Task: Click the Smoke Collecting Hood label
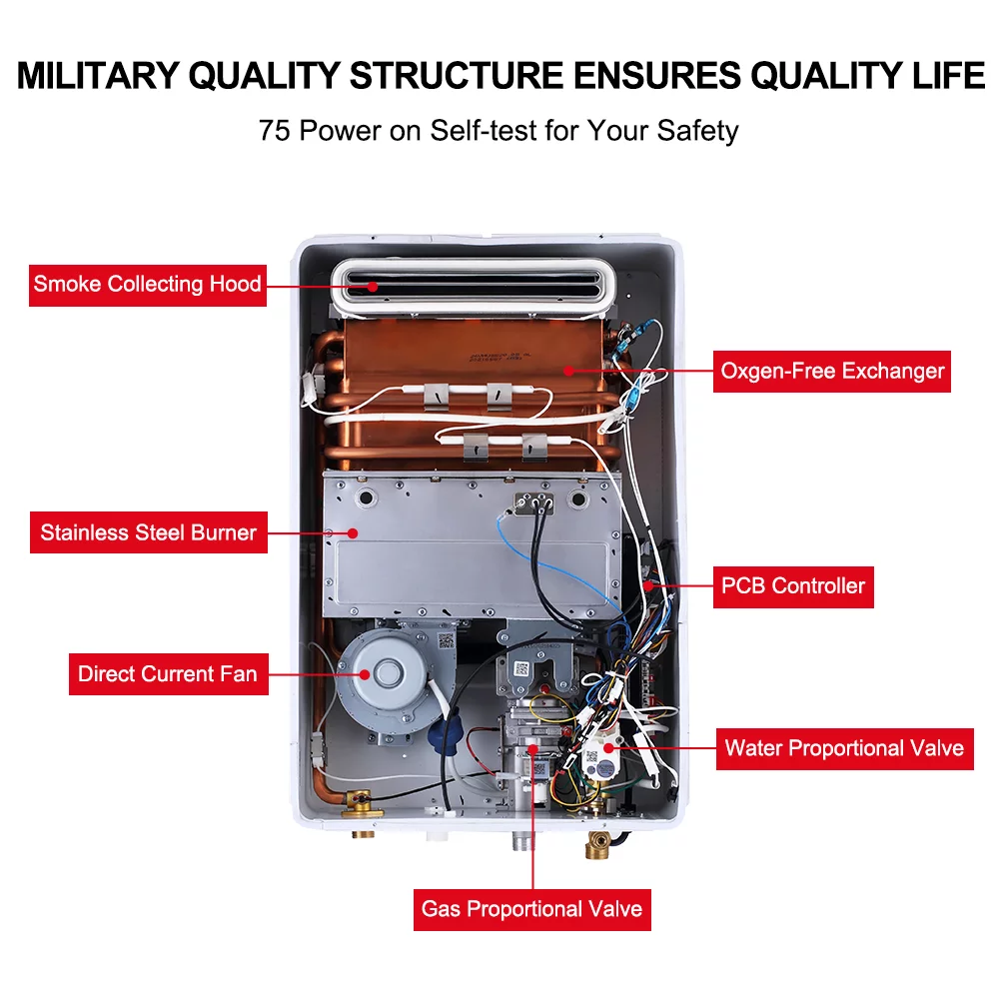point(147,284)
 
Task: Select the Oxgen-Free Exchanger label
point(832,371)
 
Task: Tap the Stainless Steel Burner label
point(148,532)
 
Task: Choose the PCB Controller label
point(793,585)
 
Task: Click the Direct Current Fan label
point(167,673)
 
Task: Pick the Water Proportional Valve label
point(844,747)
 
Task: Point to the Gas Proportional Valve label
point(531,909)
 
